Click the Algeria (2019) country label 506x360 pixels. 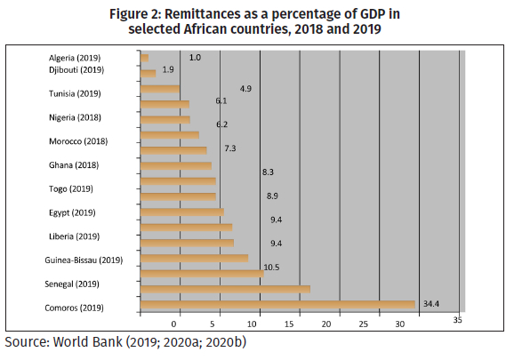coord(75,58)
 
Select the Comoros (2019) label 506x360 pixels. coord(74,308)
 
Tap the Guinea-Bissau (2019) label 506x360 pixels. coord(84,260)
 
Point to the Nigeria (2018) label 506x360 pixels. coord(75,117)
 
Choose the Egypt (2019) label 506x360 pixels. coord(72,213)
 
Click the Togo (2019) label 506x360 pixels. coord(71,189)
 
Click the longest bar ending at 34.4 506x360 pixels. coord(277,305)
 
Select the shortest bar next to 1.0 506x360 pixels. coord(145,58)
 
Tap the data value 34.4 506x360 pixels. coord(431,304)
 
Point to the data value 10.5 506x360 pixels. coord(271,268)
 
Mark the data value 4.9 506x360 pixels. coord(245,89)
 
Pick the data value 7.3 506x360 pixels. coord(230,148)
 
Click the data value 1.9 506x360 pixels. coord(168,69)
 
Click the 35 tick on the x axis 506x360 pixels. coord(458,320)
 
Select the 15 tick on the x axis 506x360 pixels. coord(289,324)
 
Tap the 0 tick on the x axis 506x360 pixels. coord(174,324)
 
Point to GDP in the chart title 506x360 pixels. coord(370,14)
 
